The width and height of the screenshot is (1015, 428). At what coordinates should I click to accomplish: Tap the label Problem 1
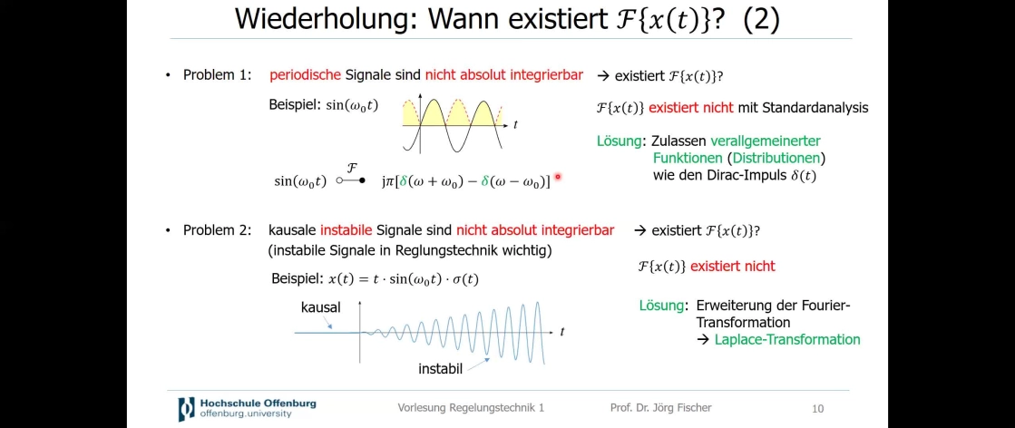pyautogui.click(x=217, y=75)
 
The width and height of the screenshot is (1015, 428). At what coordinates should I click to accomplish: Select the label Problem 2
pyautogui.click(x=217, y=229)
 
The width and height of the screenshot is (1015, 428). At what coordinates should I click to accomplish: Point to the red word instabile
pyautogui.click(x=346, y=229)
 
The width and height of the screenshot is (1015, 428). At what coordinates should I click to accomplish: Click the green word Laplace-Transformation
pyautogui.click(x=787, y=339)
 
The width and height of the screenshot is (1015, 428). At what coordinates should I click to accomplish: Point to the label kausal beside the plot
pyautogui.click(x=320, y=307)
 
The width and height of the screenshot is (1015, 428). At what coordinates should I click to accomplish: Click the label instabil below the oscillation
pyautogui.click(x=440, y=369)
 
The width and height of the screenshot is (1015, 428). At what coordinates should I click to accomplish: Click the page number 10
pyautogui.click(x=817, y=409)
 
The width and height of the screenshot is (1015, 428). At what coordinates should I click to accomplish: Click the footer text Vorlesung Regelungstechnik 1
pyautogui.click(x=472, y=408)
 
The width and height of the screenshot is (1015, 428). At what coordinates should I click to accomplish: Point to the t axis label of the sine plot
pyautogui.click(x=515, y=125)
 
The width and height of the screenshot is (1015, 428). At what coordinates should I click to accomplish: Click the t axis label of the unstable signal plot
pyautogui.click(x=561, y=332)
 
